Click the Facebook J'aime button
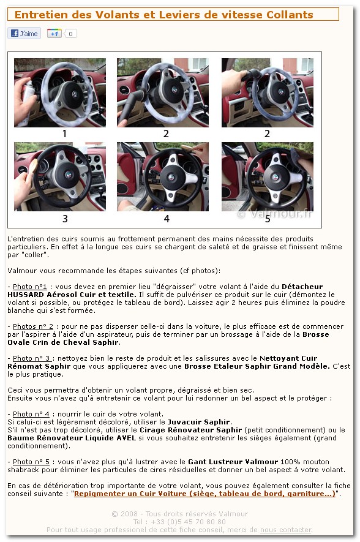[x=24, y=34]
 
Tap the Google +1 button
[x=54, y=34]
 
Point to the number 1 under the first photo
[x=65, y=134]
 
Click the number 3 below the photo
[x=65, y=219]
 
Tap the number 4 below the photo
[x=166, y=219]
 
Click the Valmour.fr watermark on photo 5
[x=276, y=214]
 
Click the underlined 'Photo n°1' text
[x=30, y=287]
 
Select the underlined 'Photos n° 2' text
[x=33, y=326]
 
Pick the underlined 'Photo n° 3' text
[x=32, y=358]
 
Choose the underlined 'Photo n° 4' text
[x=31, y=414]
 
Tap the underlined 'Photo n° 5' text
[x=31, y=461]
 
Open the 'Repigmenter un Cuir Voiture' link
[x=205, y=494]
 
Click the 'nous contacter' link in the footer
[x=286, y=530]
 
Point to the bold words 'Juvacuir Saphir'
[x=199, y=422]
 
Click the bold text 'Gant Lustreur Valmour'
[x=233, y=461]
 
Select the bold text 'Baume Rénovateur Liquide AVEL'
[x=72, y=438]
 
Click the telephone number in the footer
[x=179, y=522]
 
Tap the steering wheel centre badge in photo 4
[x=171, y=178]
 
